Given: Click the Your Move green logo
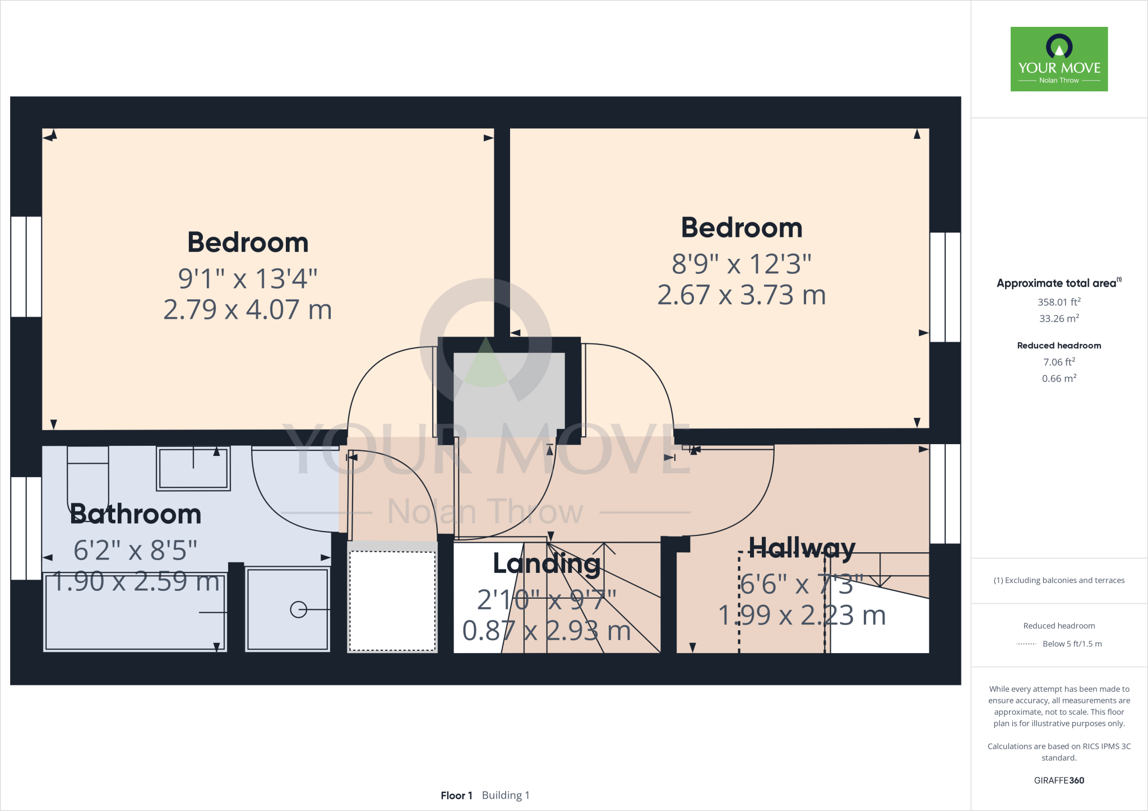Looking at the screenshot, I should click(1059, 59).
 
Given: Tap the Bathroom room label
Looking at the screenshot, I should click(136, 514).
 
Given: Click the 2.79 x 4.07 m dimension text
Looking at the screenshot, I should click(247, 310).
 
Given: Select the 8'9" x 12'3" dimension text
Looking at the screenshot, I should click(741, 264).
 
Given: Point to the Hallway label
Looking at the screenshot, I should click(802, 547).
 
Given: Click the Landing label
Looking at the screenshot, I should click(547, 563).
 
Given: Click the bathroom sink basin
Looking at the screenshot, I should click(193, 469).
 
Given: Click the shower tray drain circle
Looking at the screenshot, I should click(298, 609).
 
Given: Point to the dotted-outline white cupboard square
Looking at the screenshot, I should click(392, 601).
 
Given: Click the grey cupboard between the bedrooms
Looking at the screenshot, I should click(508, 392).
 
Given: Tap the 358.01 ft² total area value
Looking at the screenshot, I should click(1058, 302).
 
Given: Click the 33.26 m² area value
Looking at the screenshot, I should click(1058, 319).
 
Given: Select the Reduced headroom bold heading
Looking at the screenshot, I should click(1058, 346).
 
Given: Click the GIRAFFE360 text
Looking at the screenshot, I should click(1058, 780).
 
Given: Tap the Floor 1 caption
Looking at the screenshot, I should click(456, 795).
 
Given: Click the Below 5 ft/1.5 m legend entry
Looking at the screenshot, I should click(1071, 644).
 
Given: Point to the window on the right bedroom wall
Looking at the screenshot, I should click(945, 287).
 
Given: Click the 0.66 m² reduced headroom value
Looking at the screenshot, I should click(1058, 379).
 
